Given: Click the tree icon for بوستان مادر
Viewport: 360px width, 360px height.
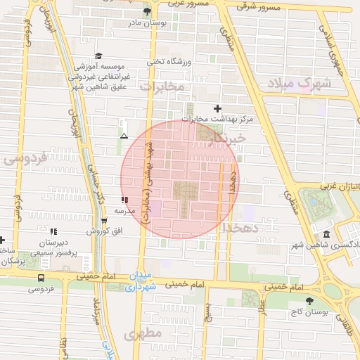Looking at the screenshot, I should point(147,11).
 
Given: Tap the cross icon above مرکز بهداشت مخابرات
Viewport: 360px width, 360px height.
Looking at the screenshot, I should point(217,108).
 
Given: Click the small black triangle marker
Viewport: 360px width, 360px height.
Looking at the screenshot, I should point(124,136).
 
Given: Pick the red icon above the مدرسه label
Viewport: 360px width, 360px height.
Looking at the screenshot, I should point(124,200).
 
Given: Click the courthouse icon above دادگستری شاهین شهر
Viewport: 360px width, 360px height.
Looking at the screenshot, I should point(326,234).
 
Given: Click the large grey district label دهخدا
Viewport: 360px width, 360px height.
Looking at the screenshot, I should point(242,229).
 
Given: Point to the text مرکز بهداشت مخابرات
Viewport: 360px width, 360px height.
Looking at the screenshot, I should point(218,119).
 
